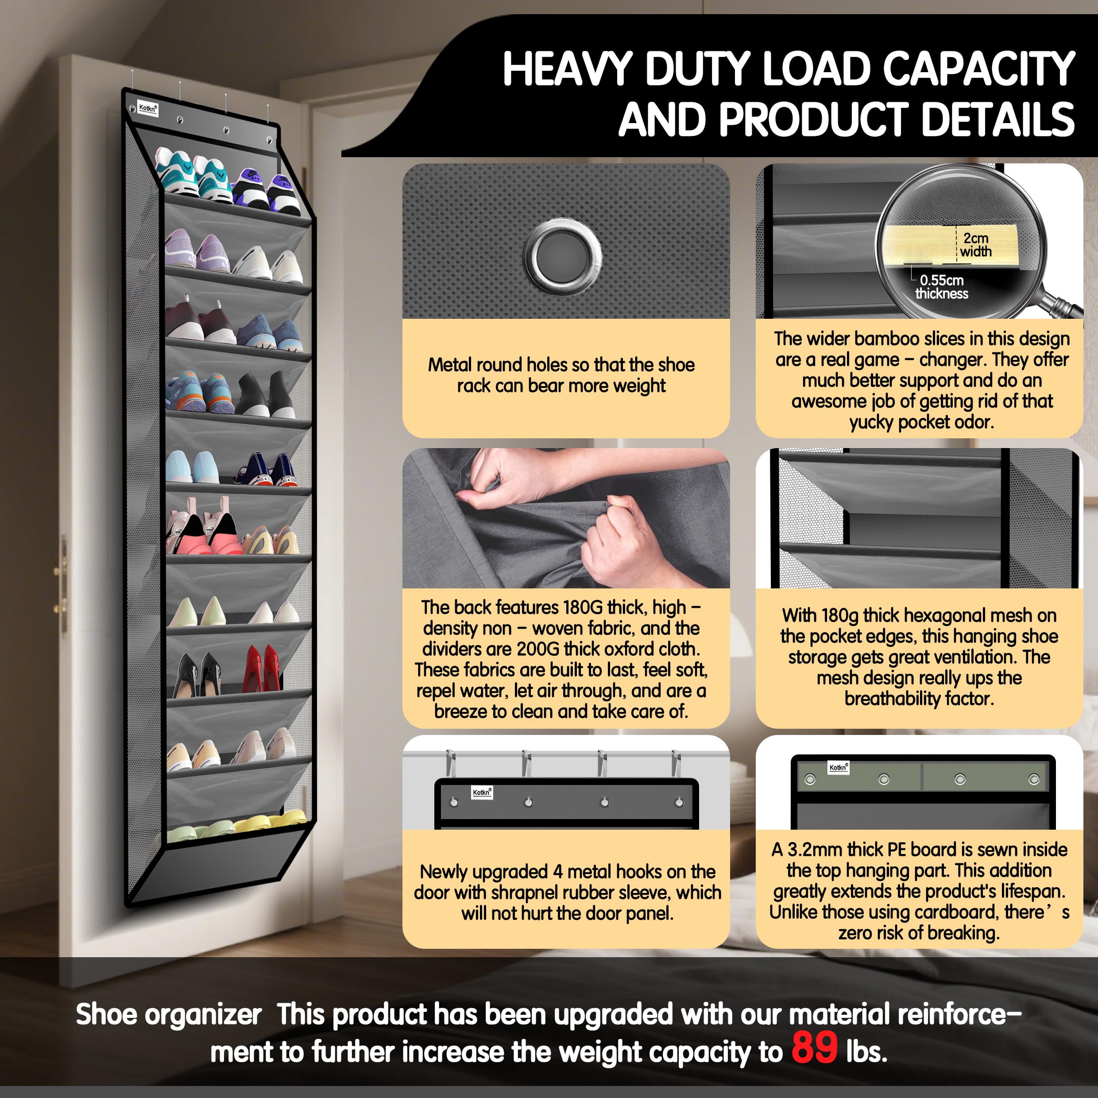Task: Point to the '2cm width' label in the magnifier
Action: point(976,245)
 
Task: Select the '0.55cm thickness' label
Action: point(942,286)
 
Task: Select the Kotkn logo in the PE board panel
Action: point(838,768)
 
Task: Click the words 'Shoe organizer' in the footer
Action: point(169,1014)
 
